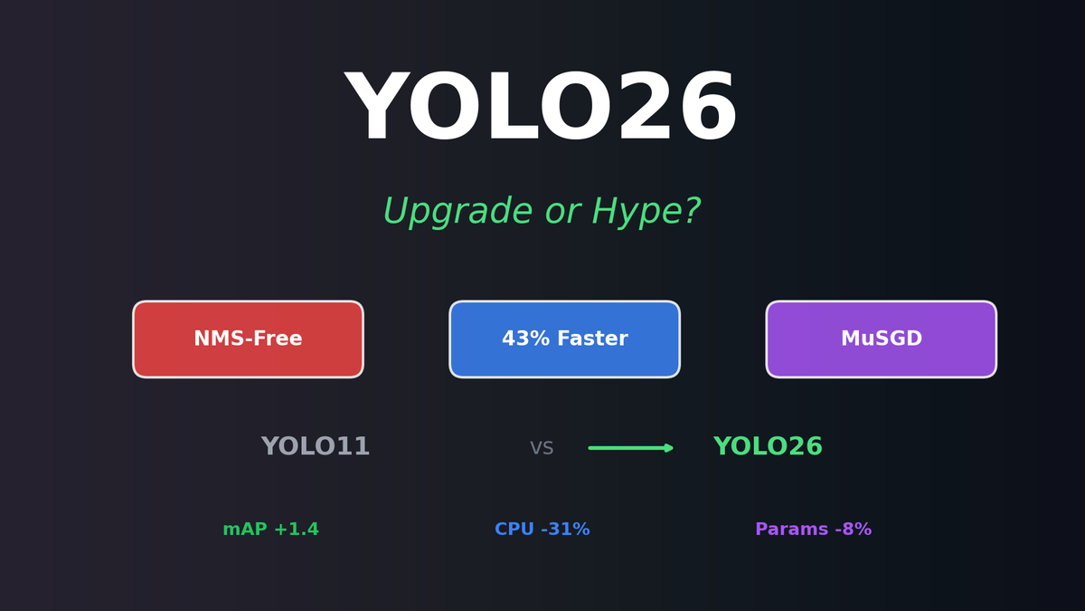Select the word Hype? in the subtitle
646,213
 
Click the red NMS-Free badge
248,339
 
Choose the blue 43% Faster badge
564,339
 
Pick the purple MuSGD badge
881,339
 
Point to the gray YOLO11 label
316,447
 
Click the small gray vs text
542,448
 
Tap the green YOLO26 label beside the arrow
768,447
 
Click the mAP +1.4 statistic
270,530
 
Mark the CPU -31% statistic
542,530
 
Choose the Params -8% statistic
813,530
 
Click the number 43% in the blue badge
521,339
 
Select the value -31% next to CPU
565,530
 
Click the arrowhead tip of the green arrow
672,448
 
